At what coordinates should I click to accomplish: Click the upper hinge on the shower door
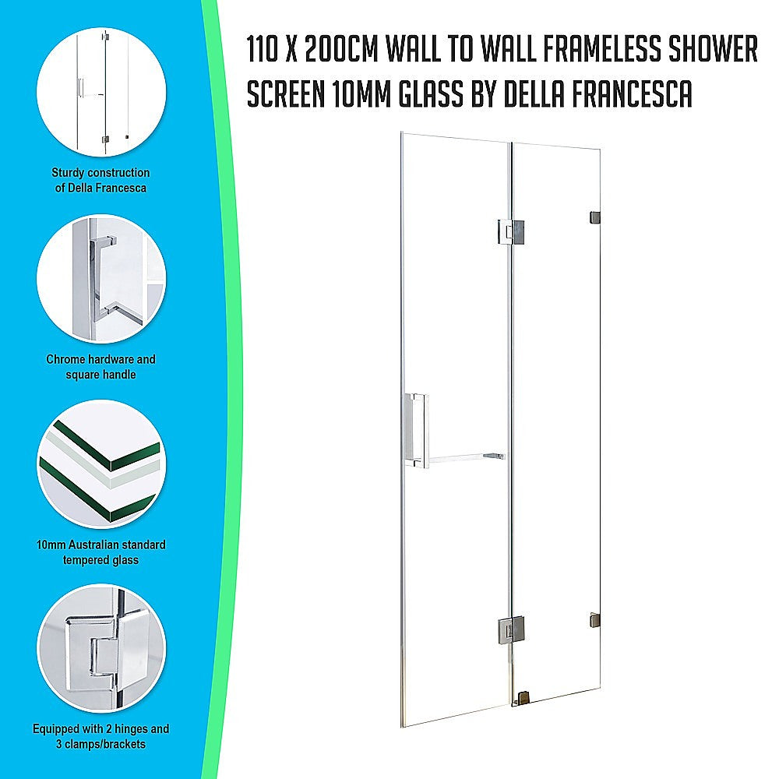pyautogui.click(x=511, y=231)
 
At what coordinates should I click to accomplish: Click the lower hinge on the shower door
pyautogui.click(x=511, y=628)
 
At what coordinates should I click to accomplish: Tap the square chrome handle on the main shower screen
pyautogui.click(x=415, y=430)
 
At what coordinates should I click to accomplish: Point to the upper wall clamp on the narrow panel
pyautogui.click(x=594, y=217)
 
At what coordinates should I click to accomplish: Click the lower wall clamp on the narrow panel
pyautogui.click(x=594, y=620)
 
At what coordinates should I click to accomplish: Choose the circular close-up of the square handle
pyautogui.click(x=101, y=280)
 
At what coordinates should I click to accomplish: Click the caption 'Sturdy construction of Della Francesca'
pyautogui.click(x=100, y=180)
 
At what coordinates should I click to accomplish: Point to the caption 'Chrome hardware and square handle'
pyautogui.click(x=100, y=366)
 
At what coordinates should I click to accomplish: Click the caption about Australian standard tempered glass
pyautogui.click(x=100, y=552)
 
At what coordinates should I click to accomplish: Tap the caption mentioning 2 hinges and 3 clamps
pyautogui.click(x=100, y=736)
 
